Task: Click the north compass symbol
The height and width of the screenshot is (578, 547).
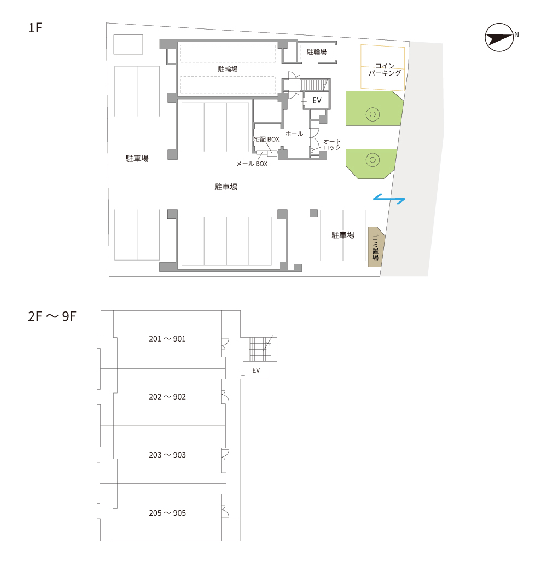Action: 499,37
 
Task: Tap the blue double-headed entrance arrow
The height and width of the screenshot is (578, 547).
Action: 389,199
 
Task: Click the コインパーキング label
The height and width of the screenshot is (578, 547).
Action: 385,70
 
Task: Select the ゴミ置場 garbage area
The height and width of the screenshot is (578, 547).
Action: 376,247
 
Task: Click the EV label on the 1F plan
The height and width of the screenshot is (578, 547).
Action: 317,100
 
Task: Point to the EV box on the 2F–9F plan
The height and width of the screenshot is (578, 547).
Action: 256,370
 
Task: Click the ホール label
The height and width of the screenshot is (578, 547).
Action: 294,134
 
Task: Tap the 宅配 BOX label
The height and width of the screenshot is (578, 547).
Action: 267,140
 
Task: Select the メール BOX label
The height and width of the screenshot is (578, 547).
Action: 252,164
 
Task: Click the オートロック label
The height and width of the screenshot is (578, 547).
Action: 332,144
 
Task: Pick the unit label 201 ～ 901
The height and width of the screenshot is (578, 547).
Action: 167,339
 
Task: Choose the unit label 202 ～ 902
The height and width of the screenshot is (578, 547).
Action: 167,397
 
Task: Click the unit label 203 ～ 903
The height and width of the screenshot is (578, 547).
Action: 167,455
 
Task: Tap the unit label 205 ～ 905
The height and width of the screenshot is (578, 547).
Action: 167,513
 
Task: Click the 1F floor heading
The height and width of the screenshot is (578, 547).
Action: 36,28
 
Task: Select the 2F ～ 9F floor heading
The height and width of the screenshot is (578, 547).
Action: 52,316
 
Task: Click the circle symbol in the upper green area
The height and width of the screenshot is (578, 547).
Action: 373,114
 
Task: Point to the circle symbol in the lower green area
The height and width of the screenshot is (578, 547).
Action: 373,160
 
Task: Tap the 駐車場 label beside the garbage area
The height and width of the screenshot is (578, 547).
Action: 343,235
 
